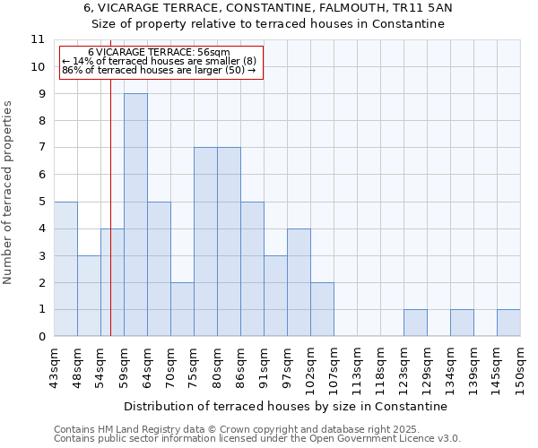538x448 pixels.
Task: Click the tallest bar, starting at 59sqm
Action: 135,215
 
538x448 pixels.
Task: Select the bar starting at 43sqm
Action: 65,269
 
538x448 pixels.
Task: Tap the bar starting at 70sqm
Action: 182,309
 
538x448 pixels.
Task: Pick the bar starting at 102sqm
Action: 322,309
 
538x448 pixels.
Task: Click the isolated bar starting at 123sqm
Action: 415,323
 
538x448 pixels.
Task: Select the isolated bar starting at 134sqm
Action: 462,323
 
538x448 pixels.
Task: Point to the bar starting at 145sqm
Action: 508,323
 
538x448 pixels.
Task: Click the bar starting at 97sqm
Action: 299,282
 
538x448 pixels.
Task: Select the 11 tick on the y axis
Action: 38,39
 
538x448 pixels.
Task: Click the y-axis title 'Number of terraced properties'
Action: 8,193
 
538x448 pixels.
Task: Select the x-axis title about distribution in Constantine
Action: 285,406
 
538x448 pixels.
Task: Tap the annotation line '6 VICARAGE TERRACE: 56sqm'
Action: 159,53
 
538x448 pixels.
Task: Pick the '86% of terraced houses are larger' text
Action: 159,70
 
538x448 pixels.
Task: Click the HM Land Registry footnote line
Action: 230,429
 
